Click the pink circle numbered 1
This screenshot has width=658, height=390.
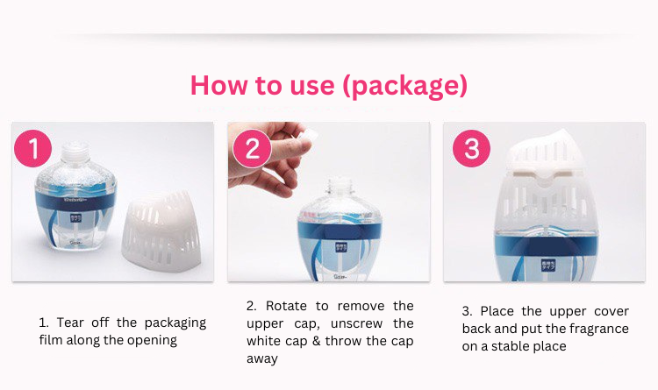pos(32,148)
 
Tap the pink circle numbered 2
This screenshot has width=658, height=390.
pos(252,148)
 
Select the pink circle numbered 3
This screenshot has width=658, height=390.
pos(471,148)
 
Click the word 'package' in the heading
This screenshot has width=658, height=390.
pos(404,86)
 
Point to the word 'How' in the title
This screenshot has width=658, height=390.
pos(219,85)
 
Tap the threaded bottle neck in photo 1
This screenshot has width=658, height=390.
pos(75,154)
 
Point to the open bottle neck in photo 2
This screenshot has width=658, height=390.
pos(340,188)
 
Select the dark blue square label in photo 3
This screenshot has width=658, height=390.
pos(548,265)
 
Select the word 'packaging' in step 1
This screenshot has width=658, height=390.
pos(175,323)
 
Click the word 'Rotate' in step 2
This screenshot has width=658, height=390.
pos(286,306)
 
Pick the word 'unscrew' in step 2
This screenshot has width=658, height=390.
pos(357,323)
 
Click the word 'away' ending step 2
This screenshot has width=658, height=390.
pos(261,359)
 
